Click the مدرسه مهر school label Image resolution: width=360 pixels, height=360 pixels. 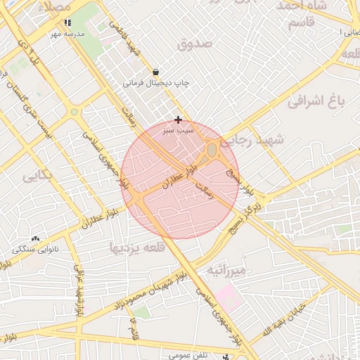pyautogui.click(x=67, y=33)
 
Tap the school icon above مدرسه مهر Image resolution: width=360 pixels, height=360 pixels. pyautogui.click(x=67, y=22)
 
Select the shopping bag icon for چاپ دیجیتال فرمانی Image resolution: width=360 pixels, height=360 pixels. pyautogui.click(x=155, y=72)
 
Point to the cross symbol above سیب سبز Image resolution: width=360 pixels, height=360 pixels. pyautogui.click(x=178, y=120)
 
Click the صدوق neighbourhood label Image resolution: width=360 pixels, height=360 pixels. pyautogui.click(x=195, y=44)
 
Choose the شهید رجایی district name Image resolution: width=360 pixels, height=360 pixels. pyautogui.click(x=260, y=140)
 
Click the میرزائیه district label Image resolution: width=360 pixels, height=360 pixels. pyautogui.click(x=226, y=270)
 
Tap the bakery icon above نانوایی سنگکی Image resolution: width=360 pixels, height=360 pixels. pyautogui.click(x=35, y=239)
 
